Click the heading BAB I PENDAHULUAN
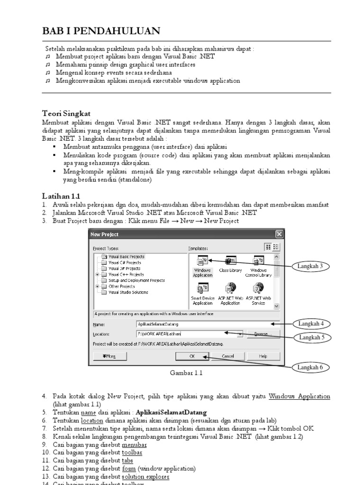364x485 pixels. pyautogui.click(x=101, y=31)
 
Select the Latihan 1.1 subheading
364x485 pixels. pyautogui.click(x=61, y=195)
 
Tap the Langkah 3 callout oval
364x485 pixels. pyautogui.click(x=310, y=266)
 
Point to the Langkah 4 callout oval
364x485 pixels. pyautogui.click(x=310, y=324)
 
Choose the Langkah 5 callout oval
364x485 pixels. pyautogui.click(x=310, y=338)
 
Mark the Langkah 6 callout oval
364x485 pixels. pyautogui.click(x=310, y=367)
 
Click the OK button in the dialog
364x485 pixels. pyautogui.click(x=192, y=356)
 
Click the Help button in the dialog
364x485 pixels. pyautogui.click(x=263, y=356)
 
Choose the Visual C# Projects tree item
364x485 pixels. pyautogui.click(x=124, y=262)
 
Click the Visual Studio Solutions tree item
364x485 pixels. pyautogui.click(x=128, y=292)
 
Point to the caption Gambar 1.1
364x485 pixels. pyautogui.click(x=186, y=373)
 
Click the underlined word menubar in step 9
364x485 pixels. pyautogui.click(x=135, y=445)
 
